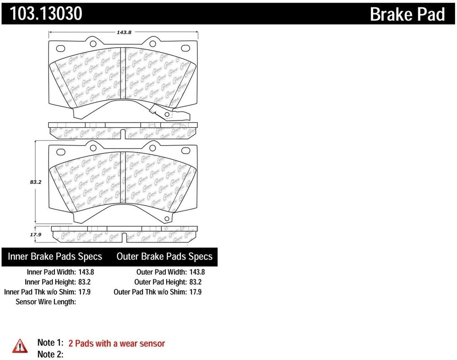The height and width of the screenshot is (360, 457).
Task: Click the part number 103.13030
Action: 46,13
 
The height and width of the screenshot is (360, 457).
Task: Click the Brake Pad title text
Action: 407,14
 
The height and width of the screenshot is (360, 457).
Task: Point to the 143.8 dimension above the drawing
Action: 124,32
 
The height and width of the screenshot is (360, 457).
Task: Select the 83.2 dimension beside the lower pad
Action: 35,182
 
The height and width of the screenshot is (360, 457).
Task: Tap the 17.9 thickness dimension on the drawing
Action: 35,235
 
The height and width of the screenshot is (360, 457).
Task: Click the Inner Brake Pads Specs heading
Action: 55,257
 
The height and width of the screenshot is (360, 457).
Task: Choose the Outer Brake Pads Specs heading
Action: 164,257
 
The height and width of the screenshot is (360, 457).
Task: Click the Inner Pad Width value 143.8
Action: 86,272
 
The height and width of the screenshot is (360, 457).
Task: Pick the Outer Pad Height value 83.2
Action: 195,282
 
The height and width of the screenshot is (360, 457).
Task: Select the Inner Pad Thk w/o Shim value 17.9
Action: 84,292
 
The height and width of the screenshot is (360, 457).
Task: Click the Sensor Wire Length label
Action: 46,302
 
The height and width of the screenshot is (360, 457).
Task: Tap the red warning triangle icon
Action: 20,346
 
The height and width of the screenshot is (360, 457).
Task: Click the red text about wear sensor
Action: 117,344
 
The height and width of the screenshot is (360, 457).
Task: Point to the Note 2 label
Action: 50,354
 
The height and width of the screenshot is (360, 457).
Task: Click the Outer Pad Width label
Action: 162,272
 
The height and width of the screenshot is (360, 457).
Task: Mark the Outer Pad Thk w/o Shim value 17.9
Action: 195,292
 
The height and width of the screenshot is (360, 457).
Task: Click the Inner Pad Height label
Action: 51,282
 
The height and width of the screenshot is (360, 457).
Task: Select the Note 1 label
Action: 50,343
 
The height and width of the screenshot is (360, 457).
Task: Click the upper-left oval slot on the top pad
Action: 61,49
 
